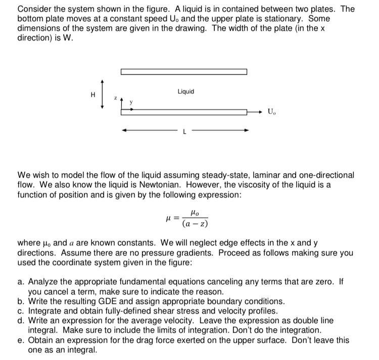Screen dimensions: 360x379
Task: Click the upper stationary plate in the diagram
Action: [184, 72]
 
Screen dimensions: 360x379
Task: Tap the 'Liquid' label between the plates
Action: [185, 91]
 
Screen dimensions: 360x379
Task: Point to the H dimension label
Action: [92, 93]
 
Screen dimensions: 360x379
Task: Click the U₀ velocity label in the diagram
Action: [272, 111]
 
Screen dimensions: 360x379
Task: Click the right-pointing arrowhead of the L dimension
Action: [246, 130]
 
